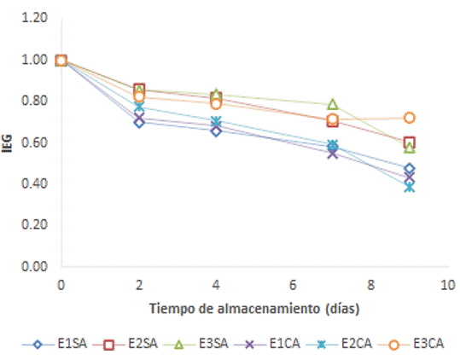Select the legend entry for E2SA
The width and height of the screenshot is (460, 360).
[128, 345]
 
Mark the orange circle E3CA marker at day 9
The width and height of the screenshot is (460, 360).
[409, 118]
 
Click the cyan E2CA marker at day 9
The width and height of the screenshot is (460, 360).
[409, 187]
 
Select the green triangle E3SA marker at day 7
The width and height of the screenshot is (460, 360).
[332, 104]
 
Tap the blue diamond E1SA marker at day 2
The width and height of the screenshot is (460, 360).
[138, 122]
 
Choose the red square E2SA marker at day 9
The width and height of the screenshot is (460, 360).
[409, 142]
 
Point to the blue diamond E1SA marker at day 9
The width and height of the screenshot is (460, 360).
[409, 169]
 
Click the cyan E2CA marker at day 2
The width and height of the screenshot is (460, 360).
[138, 107]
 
